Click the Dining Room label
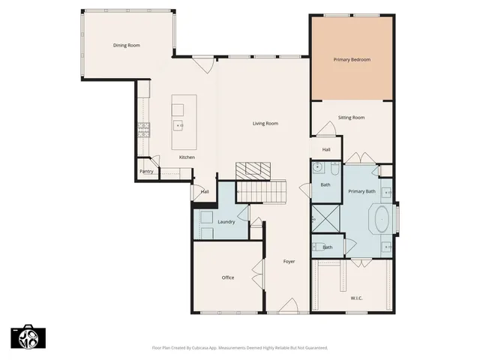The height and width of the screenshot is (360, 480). click(127, 46)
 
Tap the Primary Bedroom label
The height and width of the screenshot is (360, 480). click(352, 59)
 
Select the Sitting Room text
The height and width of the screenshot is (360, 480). click(351, 118)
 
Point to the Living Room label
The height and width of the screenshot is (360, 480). click(265, 124)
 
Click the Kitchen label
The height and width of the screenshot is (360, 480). click(187, 157)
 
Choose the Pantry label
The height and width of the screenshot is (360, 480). click(146, 172)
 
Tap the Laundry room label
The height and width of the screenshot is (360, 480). click(226, 222)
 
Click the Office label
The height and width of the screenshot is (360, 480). click(228, 277)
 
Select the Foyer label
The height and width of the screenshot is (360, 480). click(289, 262)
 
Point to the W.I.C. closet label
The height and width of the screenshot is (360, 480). click(356, 298)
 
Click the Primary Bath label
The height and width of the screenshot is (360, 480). click(362, 192)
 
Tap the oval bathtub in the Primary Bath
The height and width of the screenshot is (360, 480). click(382, 220)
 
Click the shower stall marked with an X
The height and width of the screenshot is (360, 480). click(326, 220)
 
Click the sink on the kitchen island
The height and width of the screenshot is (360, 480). click(178, 125)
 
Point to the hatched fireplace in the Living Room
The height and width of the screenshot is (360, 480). click(252, 169)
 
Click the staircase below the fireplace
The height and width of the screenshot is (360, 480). click(263, 193)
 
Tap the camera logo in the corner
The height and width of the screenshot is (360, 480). click(28, 337)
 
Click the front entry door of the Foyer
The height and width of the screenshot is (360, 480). click(288, 307)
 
